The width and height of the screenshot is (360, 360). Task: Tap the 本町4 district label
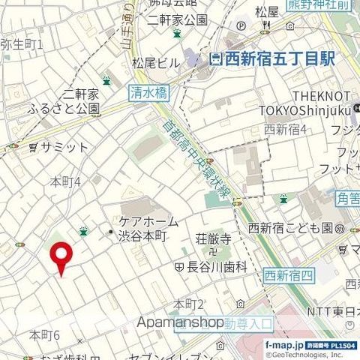tap(64, 181)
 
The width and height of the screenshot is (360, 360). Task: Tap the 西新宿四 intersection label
tap(288, 275)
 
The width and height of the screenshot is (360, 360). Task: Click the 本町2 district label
tap(189, 304)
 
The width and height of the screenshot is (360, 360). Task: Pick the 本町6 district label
tap(44, 334)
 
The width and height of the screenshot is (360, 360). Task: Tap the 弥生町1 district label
tap(23, 44)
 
